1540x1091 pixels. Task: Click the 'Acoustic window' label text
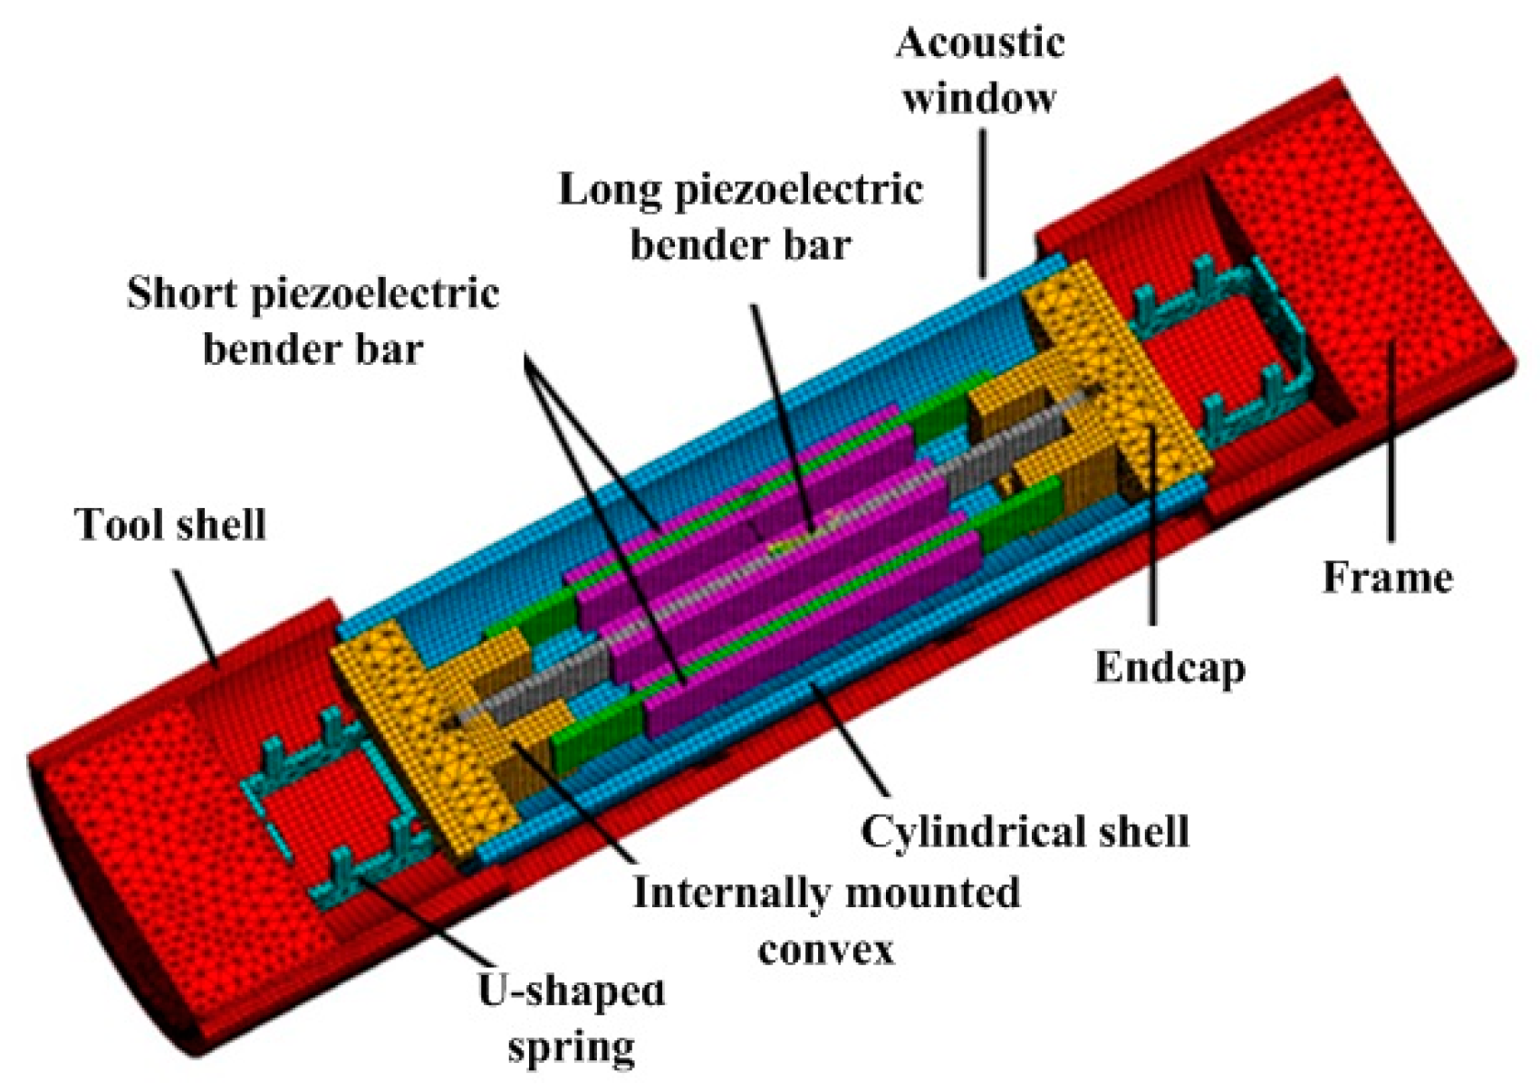980,69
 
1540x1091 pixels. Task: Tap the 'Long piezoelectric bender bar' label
740,216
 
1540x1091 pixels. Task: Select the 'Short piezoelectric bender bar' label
313,321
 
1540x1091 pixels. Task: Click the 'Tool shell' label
170,525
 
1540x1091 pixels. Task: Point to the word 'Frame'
1387,577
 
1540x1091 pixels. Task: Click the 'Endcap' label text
1169,667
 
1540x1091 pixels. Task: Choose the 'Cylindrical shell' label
1025,831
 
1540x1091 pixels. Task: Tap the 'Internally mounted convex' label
825,920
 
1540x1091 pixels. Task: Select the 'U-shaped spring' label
571,1019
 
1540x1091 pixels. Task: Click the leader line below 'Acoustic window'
983,199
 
